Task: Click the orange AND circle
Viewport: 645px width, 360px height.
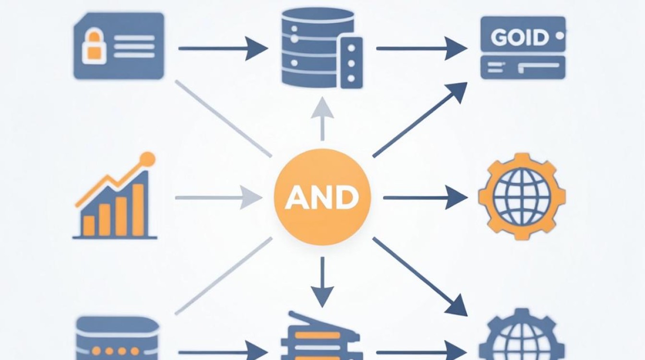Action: (322, 197)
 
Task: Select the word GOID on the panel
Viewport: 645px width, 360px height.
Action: (520, 37)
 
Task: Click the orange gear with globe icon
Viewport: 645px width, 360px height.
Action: (522, 197)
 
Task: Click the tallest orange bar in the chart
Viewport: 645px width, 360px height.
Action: (138, 210)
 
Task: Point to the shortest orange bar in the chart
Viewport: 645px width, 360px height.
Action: (89, 226)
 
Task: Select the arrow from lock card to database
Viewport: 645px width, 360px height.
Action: (223, 48)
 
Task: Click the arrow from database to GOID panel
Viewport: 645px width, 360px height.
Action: (422, 48)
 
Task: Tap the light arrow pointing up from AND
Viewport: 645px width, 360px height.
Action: (322, 119)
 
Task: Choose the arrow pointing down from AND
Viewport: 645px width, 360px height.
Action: (322, 282)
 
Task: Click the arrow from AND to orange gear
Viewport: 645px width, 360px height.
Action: (426, 198)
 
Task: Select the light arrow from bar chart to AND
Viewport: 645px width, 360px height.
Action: (219, 198)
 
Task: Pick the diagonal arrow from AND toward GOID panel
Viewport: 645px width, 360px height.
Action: (420, 120)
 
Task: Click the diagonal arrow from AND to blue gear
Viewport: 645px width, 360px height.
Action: (420, 277)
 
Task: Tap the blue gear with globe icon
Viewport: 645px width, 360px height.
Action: (522, 336)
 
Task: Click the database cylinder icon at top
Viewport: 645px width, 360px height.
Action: (317, 48)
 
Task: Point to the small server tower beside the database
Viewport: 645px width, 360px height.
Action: (351, 63)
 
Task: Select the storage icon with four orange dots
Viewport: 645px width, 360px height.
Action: (118, 338)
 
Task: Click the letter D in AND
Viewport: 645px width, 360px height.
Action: (347, 198)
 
